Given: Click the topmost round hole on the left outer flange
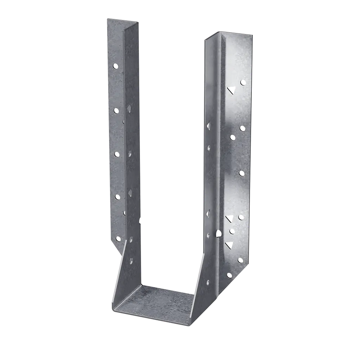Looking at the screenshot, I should pos(116,66).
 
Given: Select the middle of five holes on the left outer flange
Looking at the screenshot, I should pos(117,154).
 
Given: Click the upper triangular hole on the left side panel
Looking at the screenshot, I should pos(129,108).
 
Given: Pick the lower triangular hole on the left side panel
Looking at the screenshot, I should pos(130,191).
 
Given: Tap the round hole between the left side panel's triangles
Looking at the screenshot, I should pos(129,153).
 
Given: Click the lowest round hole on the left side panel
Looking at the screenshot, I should pos(131,261).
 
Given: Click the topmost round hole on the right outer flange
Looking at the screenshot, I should pos(243,82).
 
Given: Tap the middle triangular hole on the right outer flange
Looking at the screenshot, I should pos(229,219).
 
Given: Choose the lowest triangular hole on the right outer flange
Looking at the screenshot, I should pos(229,245).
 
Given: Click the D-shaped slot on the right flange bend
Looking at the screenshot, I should pos(218,233).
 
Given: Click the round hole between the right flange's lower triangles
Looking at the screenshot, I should pos(232,231).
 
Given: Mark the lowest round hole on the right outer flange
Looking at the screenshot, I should pos(230,275).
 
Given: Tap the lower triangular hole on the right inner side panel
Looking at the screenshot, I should pos(208,213).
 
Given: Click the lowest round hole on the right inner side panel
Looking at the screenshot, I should pos(208,282).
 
